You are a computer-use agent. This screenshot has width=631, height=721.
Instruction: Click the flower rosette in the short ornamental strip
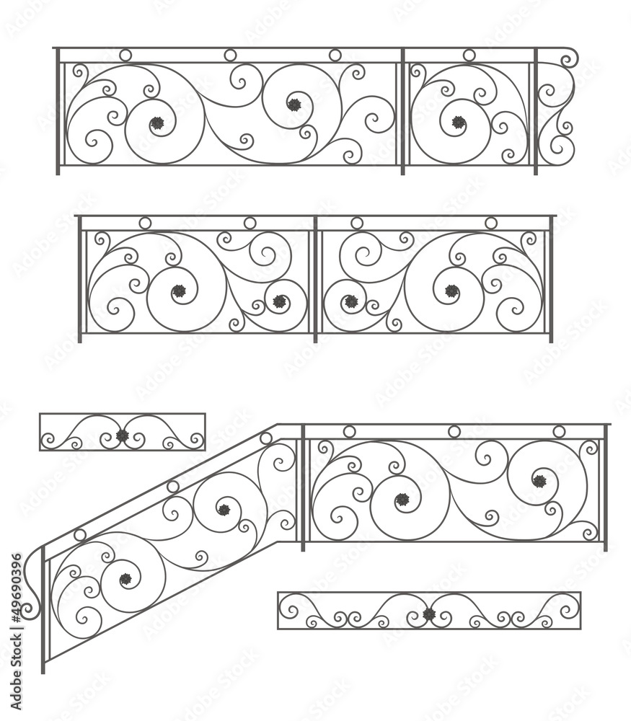pos(123,435)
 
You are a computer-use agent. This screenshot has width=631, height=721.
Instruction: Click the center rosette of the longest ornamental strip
pos(429,614)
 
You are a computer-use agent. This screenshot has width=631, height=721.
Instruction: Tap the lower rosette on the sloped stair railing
pos(125,579)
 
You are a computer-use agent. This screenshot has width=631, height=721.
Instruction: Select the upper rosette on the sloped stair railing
pos(224,510)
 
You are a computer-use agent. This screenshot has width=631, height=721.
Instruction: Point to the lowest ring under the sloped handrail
pos(80,535)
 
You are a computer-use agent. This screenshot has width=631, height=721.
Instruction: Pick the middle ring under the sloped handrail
pos(173,487)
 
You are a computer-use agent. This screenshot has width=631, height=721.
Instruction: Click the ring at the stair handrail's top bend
pos(266,438)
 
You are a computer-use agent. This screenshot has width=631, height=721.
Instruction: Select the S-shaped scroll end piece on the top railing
pos(558,108)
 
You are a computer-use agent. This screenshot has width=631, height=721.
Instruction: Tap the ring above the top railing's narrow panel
pos(469,56)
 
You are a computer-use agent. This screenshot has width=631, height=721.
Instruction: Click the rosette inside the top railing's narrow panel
pos(459,122)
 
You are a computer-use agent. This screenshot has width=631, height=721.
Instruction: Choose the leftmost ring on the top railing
pos(125,56)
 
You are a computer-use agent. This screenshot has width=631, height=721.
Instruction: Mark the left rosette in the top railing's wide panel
pos(157,123)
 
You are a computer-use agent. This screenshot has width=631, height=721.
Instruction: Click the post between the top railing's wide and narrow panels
pos(402,112)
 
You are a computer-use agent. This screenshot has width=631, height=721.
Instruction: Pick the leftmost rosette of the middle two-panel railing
pos(179,291)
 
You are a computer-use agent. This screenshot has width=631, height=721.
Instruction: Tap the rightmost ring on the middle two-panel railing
pos(491,224)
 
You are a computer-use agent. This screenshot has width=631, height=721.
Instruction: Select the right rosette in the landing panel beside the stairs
pos(539,481)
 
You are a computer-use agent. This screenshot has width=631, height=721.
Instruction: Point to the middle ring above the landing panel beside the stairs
pos(454,432)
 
